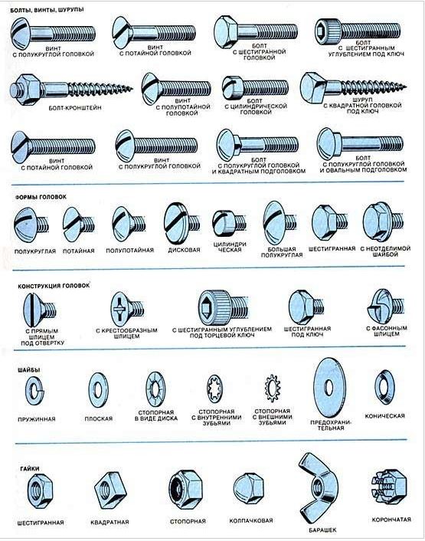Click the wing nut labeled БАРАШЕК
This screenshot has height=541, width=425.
click(318, 487)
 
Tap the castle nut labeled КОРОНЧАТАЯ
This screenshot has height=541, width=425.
click(390, 487)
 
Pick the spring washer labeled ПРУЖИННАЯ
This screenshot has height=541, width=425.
click(35, 391)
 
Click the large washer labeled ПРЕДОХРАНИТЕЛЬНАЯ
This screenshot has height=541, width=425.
click(329, 388)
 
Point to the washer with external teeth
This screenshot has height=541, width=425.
click(273, 388)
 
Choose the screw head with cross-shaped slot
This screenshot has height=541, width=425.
click(127, 309)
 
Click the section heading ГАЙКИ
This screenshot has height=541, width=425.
click(30, 468)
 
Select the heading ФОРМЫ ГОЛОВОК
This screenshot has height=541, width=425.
click(41, 197)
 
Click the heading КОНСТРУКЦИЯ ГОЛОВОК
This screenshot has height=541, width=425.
click(54, 286)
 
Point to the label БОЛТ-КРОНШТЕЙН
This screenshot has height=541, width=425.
click(75, 107)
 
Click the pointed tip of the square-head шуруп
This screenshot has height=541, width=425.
click(406, 87)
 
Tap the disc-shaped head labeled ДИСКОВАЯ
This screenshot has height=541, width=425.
click(181, 223)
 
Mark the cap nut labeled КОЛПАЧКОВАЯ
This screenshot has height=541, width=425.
click(249, 489)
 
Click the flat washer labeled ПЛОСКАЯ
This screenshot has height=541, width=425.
click(98, 390)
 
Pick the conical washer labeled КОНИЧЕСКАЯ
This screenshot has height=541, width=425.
click(384, 387)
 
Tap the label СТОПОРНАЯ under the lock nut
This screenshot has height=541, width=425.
click(188, 521)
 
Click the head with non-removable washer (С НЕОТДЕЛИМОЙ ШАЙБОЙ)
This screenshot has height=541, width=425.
click(382, 222)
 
